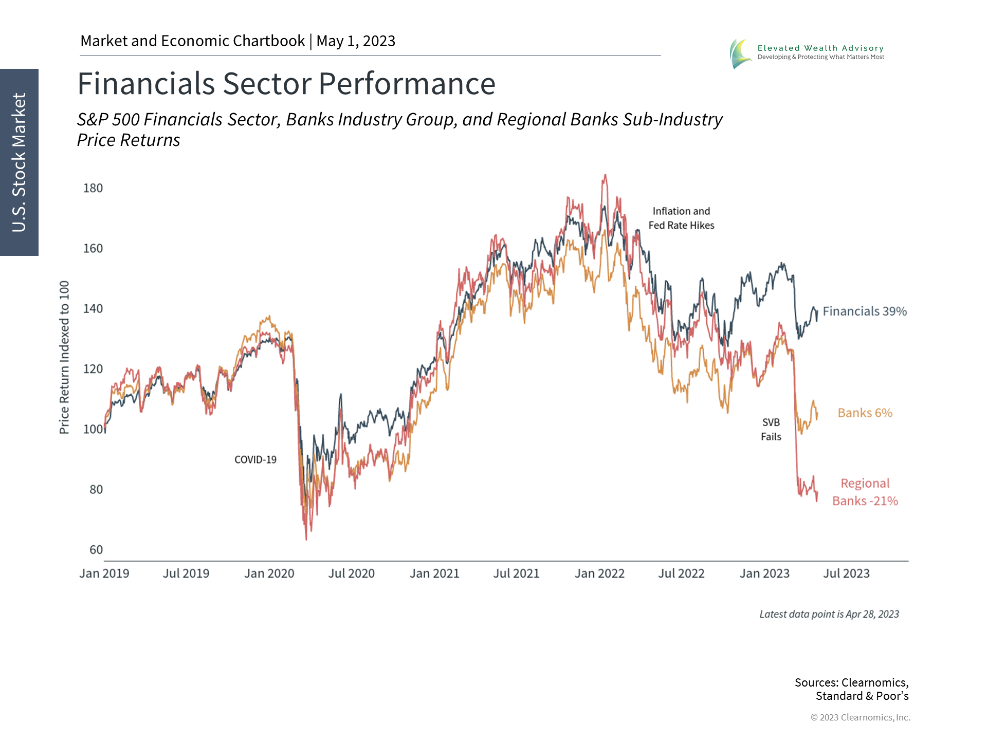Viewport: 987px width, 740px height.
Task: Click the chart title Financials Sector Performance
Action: (x=286, y=84)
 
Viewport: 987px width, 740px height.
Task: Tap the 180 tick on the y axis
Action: (x=93, y=188)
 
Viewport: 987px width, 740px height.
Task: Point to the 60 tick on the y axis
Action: (x=96, y=550)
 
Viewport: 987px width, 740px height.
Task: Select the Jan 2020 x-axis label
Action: (x=269, y=573)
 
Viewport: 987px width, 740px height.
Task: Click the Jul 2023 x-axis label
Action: (x=846, y=573)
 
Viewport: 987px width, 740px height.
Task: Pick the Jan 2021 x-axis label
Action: (x=434, y=573)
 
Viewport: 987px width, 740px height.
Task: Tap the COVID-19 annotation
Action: (x=255, y=460)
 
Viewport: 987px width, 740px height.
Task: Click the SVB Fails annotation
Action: (x=771, y=430)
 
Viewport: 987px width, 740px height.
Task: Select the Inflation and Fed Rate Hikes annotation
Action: (x=681, y=218)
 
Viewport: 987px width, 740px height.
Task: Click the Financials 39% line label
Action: (x=865, y=311)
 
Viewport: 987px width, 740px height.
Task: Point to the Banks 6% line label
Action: (x=865, y=413)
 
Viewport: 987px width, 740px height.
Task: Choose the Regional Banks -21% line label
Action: (x=865, y=492)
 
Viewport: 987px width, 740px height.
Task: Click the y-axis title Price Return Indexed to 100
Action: (x=64, y=357)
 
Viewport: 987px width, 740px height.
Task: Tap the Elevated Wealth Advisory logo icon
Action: (x=740, y=53)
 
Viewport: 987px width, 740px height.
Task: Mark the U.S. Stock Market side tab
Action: (x=19, y=162)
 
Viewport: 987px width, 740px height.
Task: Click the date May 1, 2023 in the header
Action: (x=356, y=41)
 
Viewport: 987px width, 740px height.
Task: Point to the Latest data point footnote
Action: (x=829, y=615)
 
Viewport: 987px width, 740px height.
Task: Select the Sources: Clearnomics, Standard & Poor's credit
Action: (x=852, y=689)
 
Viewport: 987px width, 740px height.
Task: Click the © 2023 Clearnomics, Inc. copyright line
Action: (x=860, y=717)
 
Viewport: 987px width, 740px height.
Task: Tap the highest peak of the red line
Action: (x=605, y=176)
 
